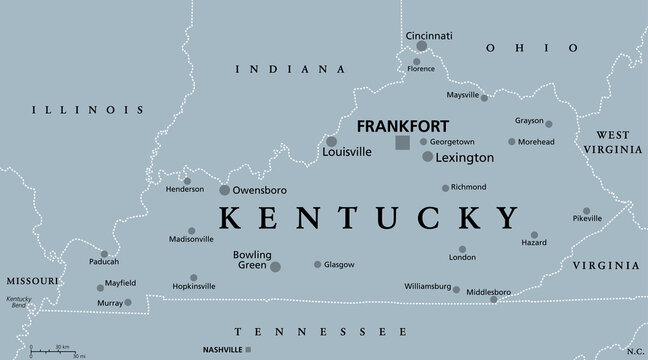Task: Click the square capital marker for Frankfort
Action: coord(402,143)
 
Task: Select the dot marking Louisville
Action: coord(331,141)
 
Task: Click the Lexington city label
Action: coord(466,158)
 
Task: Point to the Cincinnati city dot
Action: coord(422,46)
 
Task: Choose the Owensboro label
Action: coord(260,189)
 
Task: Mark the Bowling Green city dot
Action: coord(275,266)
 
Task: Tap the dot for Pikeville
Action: coord(586,214)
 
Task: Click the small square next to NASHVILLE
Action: coord(248,349)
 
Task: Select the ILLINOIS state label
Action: coord(87,109)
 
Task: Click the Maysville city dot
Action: coord(484,97)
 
